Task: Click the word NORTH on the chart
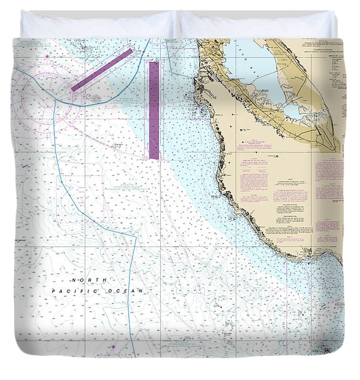(x=90, y=280)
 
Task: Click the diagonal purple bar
(x=102, y=70)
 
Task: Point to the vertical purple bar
(x=154, y=110)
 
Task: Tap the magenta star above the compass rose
(x=47, y=56)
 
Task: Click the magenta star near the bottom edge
(x=113, y=347)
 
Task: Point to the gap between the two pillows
(x=177, y=24)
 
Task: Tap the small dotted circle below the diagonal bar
(x=94, y=97)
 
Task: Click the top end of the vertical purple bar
(x=154, y=63)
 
